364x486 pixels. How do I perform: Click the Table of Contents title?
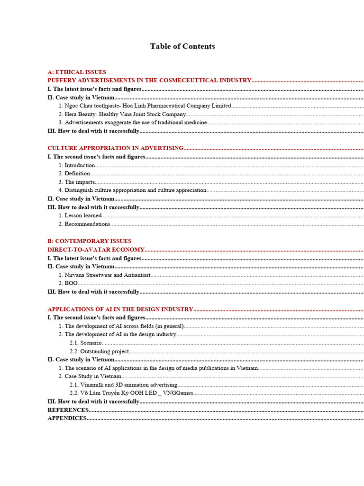pyautogui.click(x=182, y=47)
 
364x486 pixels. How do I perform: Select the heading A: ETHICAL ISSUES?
pyautogui.click(x=77, y=72)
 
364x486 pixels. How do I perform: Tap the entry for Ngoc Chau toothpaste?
pyautogui.click(x=145, y=106)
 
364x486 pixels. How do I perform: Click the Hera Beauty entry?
pyautogui.click(x=122, y=114)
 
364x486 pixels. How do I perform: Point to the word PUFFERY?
pyautogui.click(x=62, y=81)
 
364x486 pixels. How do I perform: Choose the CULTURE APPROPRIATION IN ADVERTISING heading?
pyautogui.click(x=116, y=149)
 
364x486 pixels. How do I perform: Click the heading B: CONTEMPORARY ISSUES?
pyautogui.click(x=90, y=241)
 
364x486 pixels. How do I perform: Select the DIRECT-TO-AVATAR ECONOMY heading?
pyautogui.click(x=96, y=250)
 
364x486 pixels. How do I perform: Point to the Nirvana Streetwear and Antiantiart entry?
pyautogui.click(x=105, y=275)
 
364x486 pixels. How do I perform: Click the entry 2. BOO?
pyautogui.click(x=68, y=283)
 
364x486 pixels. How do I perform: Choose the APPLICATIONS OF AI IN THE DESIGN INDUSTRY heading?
pyautogui.click(x=120, y=309)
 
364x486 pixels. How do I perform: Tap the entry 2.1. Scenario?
pyautogui.click(x=85, y=343)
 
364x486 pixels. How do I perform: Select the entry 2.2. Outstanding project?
pyautogui.click(x=99, y=352)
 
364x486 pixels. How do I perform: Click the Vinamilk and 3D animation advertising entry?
pyautogui.click(x=123, y=385)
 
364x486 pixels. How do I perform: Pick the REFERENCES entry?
pyautogui.click(x=68, y=410)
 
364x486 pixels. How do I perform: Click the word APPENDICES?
pyautogui.click(x=67, y=419)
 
